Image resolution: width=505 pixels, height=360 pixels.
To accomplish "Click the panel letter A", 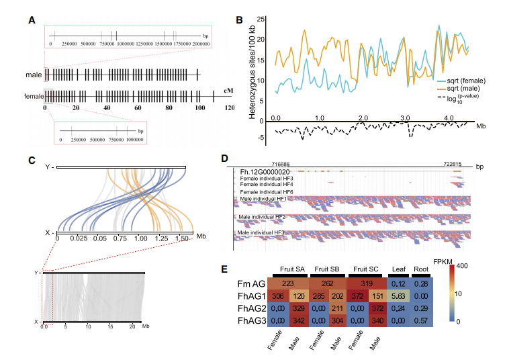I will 32,19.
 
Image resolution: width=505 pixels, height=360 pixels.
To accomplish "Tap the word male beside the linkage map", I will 33,75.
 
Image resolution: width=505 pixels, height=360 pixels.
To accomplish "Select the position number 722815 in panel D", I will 457,163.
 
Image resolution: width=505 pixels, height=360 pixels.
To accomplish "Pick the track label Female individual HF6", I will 263,192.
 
